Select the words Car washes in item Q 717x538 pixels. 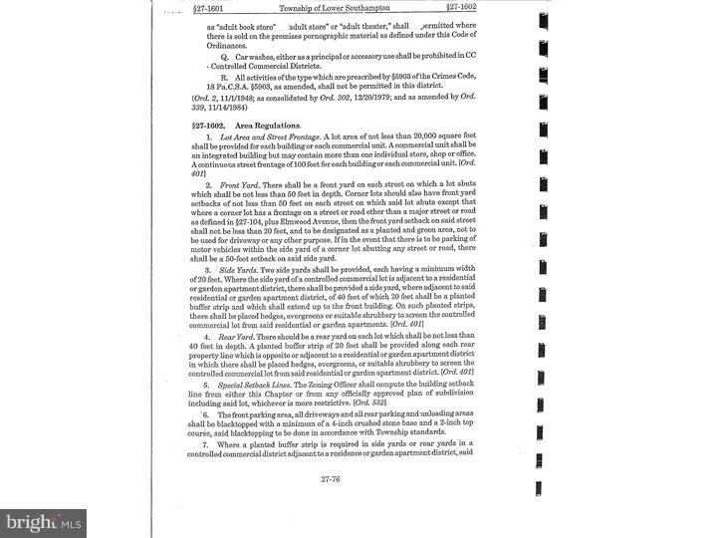pyautogui.click(x=254, y=59)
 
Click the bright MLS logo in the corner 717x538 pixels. pyautogui.click(x=42, y=522)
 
